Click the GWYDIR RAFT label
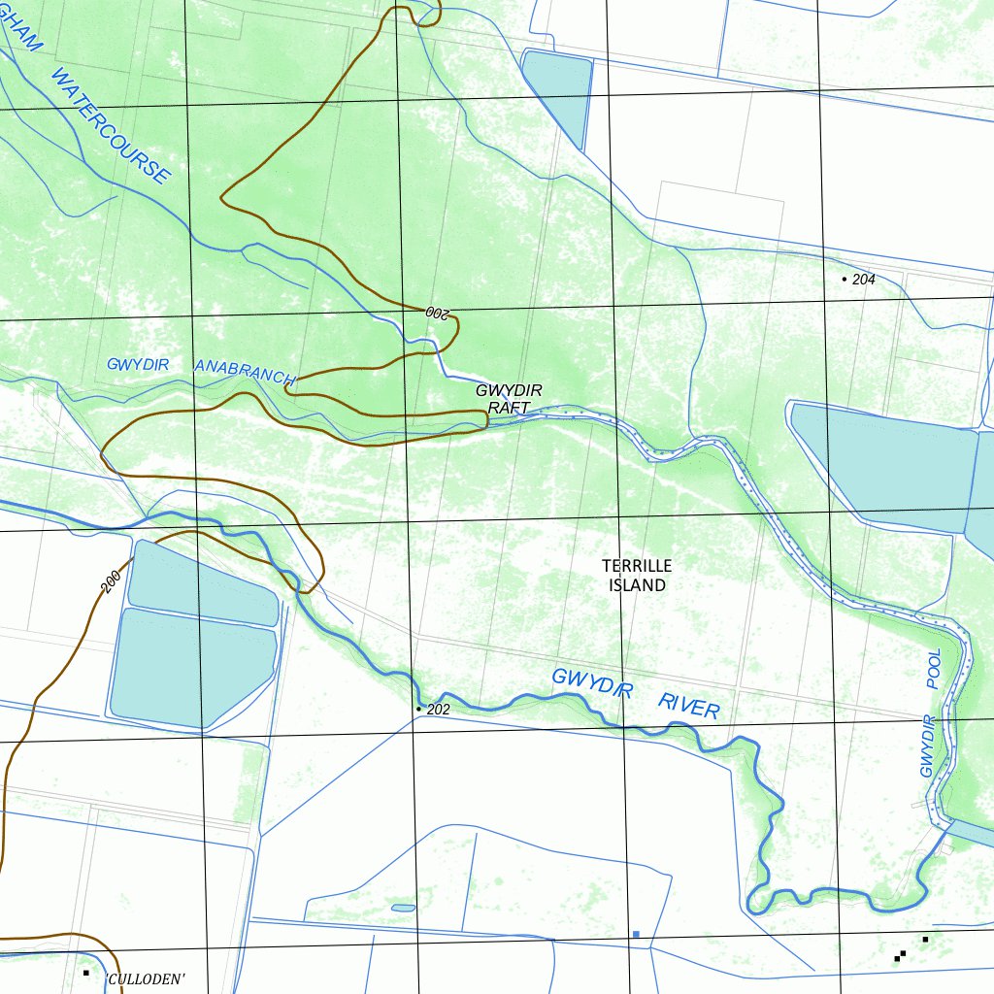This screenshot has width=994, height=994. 509,399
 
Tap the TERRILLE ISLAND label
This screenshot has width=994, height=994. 637,576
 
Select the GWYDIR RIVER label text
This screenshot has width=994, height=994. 636,693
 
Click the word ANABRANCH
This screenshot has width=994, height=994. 245,372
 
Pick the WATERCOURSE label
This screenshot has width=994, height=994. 110,125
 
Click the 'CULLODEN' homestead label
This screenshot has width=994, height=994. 145,979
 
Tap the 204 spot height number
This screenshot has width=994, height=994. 864,280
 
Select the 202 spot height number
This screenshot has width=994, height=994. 439,710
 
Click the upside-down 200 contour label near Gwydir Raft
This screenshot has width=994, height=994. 439,313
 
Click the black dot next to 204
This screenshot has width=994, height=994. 844,280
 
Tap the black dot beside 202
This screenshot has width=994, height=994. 418,710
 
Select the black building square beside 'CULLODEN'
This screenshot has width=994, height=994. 86,973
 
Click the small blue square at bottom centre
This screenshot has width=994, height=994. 636,934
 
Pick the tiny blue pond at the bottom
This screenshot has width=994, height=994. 403,909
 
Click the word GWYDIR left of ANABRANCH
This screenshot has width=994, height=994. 138,364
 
